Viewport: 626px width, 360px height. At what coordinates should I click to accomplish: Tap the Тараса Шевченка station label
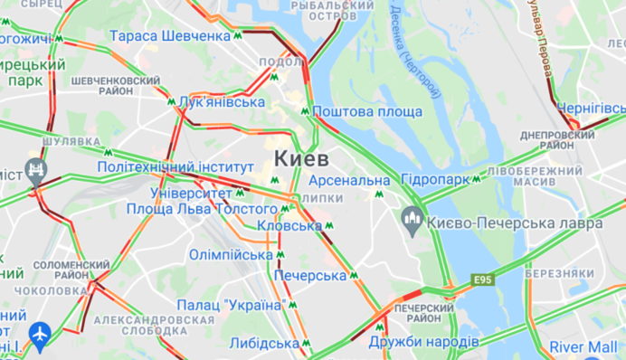170,36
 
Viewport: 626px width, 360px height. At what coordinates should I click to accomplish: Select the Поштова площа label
368,111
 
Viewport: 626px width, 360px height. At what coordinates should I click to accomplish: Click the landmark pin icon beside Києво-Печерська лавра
413,217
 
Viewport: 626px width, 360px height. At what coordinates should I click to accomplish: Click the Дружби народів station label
424,342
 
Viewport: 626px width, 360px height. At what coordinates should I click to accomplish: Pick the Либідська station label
264,344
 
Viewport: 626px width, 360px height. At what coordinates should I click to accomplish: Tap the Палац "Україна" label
231,305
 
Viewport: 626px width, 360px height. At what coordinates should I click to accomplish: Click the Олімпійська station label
231,254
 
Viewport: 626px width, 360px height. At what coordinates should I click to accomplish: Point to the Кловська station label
288,225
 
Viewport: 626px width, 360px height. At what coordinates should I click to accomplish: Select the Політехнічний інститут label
175,167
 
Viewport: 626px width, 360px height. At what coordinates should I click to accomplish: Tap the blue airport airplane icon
39,335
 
